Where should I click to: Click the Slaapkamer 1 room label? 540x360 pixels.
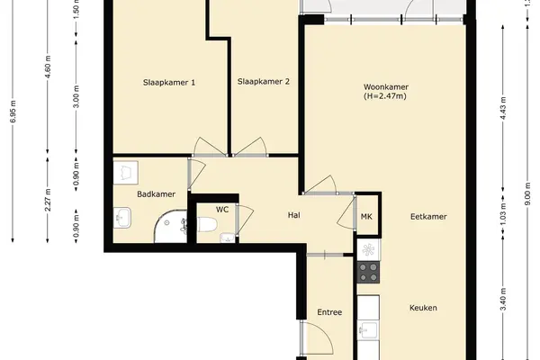(x=169, y=83)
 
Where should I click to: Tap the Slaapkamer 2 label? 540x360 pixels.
(x=264, y=82)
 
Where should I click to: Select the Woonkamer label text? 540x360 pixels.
(x=386, y=86)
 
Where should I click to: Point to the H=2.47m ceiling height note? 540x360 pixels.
(x=385, y=96)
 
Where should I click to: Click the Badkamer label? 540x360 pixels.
(x=157, y=194)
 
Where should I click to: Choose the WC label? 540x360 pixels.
(x=222, y=210)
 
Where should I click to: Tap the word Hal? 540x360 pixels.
(x=294, y=215)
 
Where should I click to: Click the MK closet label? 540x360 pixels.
(x=366, y=217)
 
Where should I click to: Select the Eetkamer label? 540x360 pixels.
(x=428, y=217)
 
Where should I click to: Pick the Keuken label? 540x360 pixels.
(x=423, y=308)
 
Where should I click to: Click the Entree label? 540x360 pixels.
(x=329, y=312)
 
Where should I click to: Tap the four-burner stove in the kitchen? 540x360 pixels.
(x=368, y=272)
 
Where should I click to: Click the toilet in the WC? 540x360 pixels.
(x=207, y=224)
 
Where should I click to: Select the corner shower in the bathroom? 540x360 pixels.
(x=171, y=227)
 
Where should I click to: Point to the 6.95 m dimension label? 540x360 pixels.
(x=13, y=112)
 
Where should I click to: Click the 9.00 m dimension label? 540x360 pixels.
(x=526, y=197)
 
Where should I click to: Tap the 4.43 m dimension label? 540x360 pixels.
(x=503, y=108)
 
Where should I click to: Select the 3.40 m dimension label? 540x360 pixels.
(x=503, y=299)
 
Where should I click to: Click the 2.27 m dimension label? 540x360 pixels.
(x=48, y=200)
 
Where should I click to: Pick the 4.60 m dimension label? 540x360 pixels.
(x=48, y=67)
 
